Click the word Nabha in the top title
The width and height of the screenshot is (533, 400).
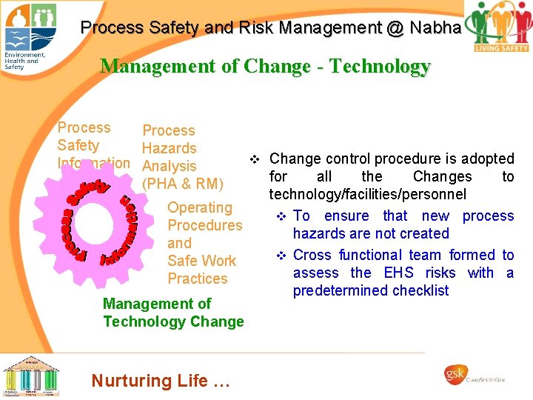pos(438,28)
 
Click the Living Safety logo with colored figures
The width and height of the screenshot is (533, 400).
pos(501,27)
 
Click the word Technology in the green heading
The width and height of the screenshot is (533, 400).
pos(380,67)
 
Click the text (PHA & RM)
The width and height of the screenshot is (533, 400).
pos(182,184)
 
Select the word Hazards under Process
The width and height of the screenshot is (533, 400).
pos(169,148)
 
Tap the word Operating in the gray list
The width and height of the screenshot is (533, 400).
pos(200,207)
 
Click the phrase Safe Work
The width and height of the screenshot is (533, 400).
pos(201,261)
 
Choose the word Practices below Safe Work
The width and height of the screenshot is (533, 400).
pos(198,279)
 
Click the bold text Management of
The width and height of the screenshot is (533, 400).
pos(157,304)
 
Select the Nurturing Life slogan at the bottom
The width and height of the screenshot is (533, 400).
pos(161,381)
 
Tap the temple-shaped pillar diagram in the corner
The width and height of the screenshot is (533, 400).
pos(30,376)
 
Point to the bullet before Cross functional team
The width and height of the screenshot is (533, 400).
pos(281,256)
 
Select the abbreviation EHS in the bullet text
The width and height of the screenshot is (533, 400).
pos(398,273)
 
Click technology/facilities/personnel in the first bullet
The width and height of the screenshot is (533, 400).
pos(368,195)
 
